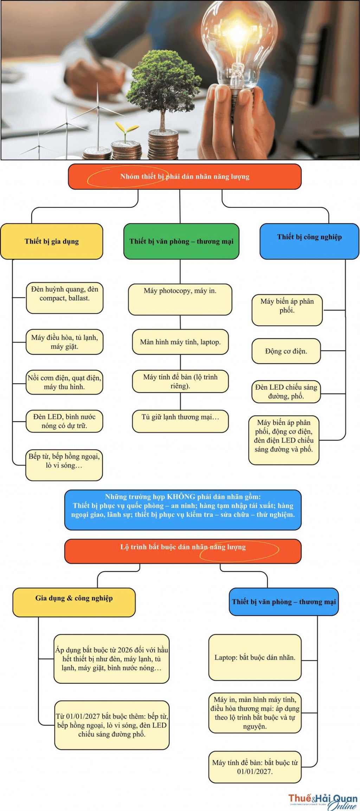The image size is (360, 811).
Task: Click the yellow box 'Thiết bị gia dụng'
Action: click(52, 241)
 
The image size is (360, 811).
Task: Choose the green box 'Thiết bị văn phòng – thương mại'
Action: click(181, 241)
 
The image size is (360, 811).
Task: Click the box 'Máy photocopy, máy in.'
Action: click(180, 299)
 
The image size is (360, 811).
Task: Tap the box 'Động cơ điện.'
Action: click(286, 351)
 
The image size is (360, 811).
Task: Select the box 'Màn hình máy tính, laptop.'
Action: click(180, 342)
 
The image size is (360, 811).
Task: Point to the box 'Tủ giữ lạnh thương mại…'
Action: click(180, 421)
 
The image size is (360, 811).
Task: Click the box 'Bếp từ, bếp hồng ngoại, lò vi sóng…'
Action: click(64, 465)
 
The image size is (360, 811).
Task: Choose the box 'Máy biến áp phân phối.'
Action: click(287, 310)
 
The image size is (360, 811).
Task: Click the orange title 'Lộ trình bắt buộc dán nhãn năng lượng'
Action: click(183, 551)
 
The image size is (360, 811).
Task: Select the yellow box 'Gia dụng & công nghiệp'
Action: click(74, 602)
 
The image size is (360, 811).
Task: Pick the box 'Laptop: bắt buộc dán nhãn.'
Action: click(255, 657)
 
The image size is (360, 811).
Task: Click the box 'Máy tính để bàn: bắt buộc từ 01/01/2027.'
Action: click(255, 767)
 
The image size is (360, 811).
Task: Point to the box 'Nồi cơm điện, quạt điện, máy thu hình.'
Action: click(64, 382)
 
